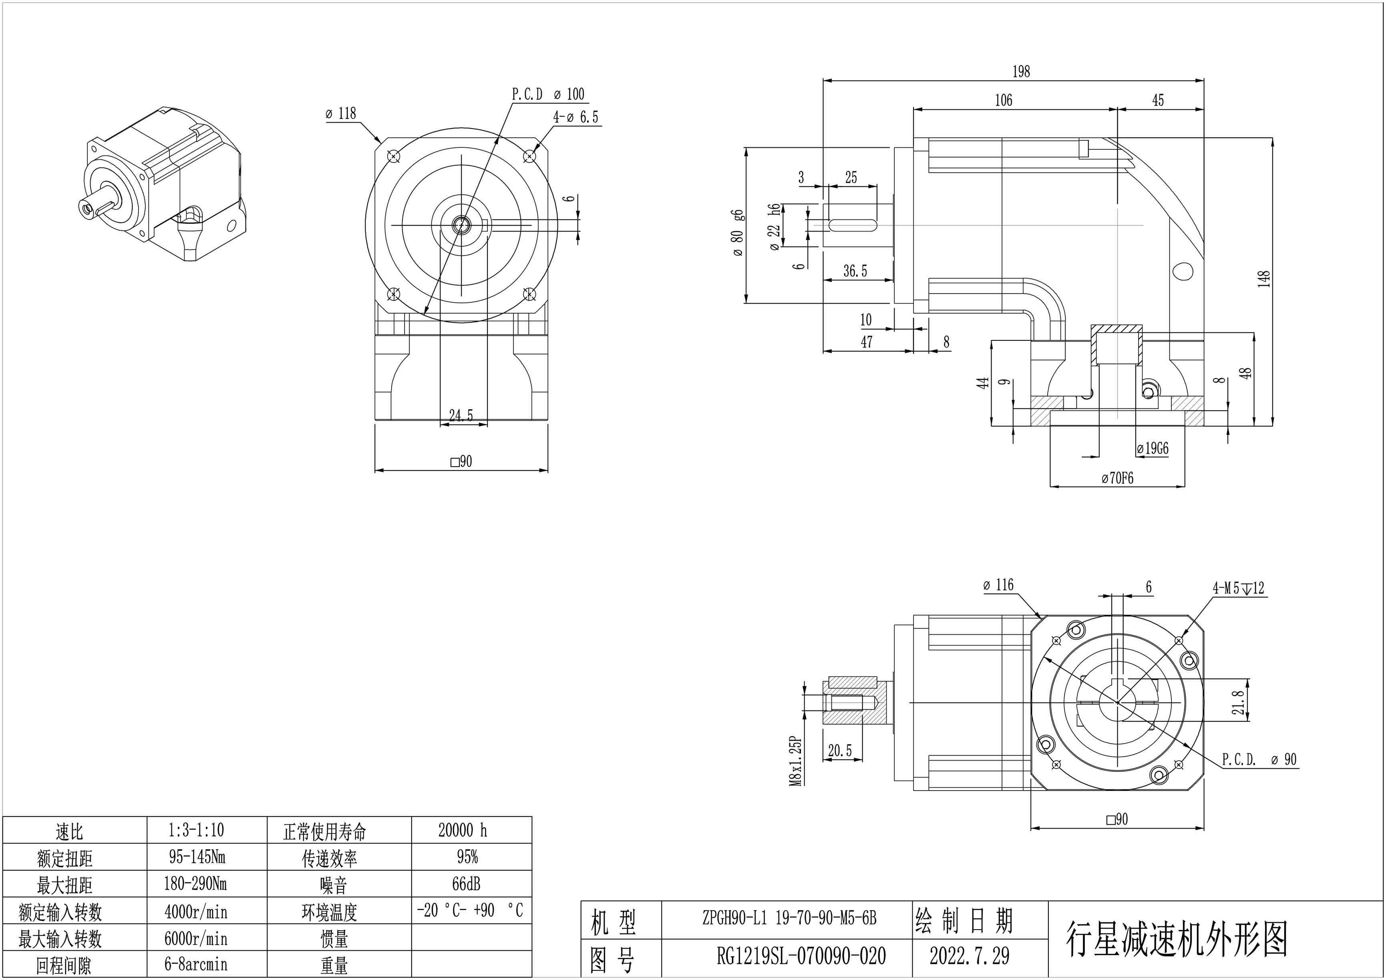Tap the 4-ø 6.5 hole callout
tap(576, 117)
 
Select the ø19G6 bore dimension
tap(1152, 449)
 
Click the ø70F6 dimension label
tap(1117, 478)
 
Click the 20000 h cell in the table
tap(463, 830)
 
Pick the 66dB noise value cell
tap(466, 884)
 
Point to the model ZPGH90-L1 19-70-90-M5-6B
tap(789, 918)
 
